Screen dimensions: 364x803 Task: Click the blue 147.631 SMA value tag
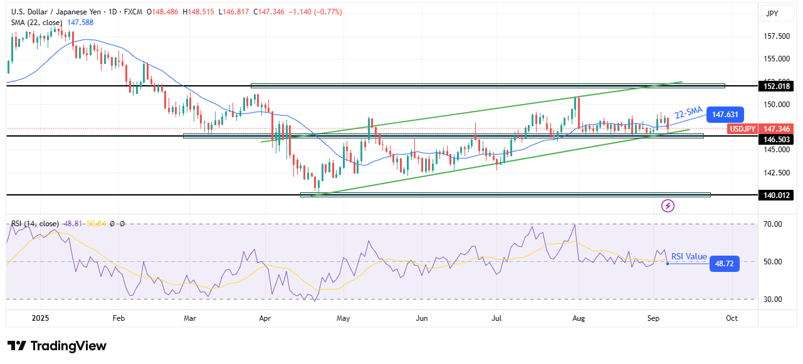point(725,115)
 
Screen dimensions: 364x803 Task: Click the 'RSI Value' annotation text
point(689,256)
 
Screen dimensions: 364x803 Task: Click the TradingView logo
point(56,346)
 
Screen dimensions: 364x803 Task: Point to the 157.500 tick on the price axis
point(776,36)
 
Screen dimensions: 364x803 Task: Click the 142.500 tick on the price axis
point(776,172)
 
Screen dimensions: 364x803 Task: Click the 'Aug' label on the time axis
point(579,318)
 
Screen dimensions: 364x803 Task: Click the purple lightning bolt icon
point(668,205)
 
